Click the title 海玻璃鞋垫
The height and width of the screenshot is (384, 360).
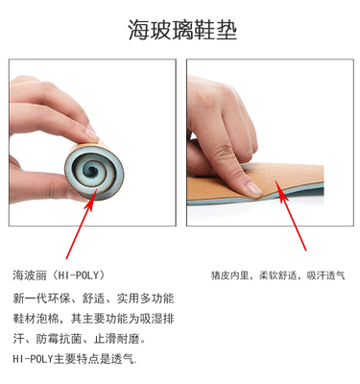[182, 30]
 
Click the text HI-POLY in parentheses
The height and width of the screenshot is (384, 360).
[79, 276]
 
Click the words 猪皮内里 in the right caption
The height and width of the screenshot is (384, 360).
[229, 276]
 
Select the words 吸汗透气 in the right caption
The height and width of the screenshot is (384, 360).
[326, 276]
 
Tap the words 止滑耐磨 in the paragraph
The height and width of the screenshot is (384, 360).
[117, 339]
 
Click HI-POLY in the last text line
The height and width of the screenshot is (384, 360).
[33, 359]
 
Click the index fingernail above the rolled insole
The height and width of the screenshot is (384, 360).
[91, 134]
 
